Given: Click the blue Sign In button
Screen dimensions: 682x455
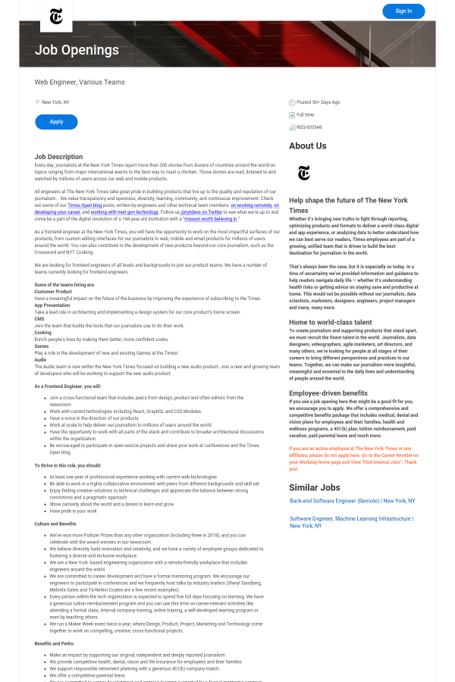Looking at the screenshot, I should click(x=403, y=11).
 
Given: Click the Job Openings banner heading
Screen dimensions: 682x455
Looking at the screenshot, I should click(x=77, y=51).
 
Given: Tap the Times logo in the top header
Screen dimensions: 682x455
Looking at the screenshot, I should click(x=56, y=16).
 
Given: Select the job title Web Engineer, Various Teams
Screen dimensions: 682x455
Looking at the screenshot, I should click(x=80, y=82).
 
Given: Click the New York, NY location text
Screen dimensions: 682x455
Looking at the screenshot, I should click(x=55, y=102).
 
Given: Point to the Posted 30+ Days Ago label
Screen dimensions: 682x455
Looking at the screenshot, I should click(x=318, y=102).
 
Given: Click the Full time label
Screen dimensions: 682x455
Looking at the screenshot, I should click(x=306, y=114).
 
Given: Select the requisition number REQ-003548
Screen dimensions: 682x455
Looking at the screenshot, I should click(x=309, y=127).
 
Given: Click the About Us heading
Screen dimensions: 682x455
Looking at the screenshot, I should click(x=308, y=145).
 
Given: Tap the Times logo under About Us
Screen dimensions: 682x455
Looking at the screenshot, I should click(x=304, y=174).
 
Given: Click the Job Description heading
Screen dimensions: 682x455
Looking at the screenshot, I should click(x=58, y=157).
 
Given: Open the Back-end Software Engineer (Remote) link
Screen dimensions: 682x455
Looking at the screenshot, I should click(x=352, y=501).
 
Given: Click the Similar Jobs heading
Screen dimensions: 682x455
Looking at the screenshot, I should click(x=315, y=487).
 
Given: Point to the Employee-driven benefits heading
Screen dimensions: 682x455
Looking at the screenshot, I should click(x=328, y=393).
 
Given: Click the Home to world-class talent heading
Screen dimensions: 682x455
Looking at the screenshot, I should click(x=331, y=322).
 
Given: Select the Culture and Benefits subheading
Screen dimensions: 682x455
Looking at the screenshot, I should click(x=55, y=524).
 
